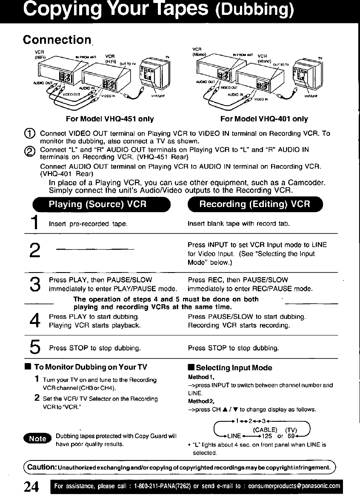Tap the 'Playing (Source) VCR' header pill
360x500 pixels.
click(97, 204)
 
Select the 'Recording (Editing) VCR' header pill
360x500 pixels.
click(254, 204)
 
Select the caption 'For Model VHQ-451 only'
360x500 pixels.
click(110, 119)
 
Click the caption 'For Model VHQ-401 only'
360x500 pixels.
click(264, 119)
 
